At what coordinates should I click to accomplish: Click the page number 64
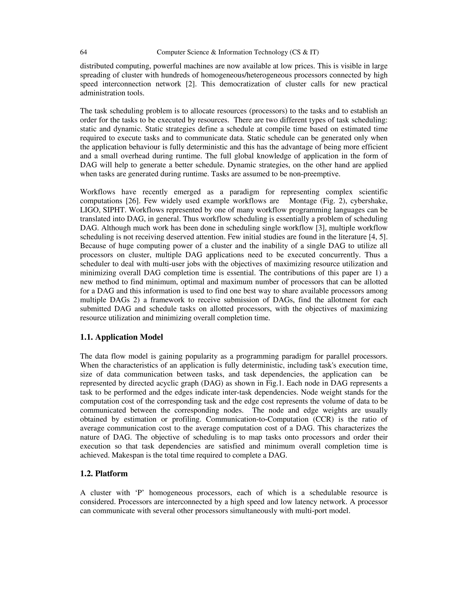83,52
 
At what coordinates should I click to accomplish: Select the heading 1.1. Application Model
121,337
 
